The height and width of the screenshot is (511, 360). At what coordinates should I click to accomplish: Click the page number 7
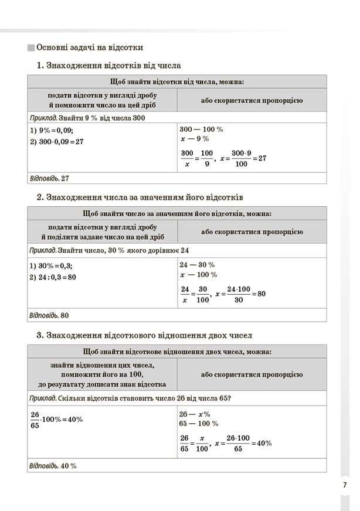point(345,484)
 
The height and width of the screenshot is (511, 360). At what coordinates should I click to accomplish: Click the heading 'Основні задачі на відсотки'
point(90,47)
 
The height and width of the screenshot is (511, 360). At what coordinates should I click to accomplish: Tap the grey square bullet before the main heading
point(30,47)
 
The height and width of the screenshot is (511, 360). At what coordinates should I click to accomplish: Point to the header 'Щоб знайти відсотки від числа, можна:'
point(176,81)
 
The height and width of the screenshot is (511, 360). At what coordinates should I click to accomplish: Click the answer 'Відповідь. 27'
point(49,178)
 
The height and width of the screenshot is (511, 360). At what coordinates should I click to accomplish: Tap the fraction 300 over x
point(187,158)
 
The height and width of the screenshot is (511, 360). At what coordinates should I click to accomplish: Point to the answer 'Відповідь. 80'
point(49,315)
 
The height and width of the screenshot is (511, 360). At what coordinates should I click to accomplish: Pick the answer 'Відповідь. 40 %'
point(53,466)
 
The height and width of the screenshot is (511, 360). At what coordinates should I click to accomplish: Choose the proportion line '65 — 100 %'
point(199,423)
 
